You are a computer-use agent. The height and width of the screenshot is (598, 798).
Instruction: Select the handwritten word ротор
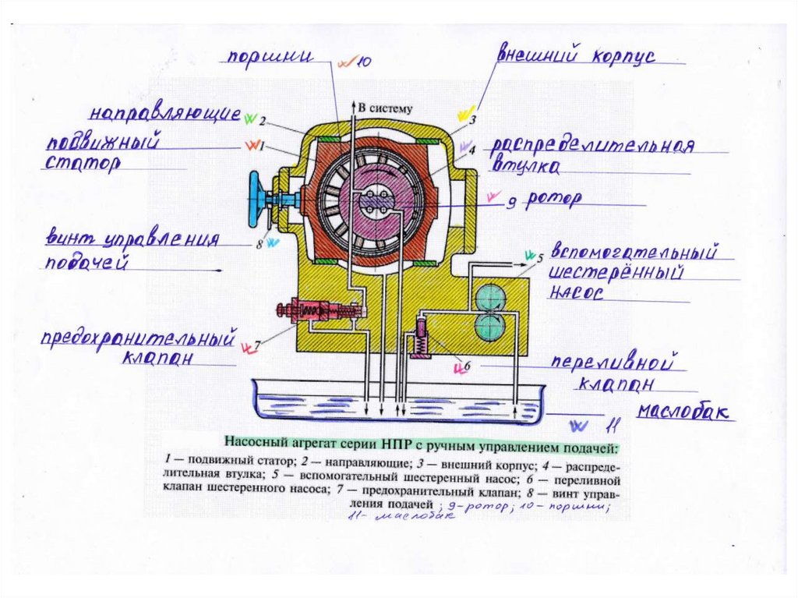553,200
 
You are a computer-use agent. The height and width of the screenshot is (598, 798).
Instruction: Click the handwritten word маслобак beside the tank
686,412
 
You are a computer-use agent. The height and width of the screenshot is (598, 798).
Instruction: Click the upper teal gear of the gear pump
493,297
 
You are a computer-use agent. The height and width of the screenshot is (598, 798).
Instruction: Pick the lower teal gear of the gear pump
493,327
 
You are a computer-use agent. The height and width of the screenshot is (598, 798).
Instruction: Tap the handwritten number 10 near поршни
365,62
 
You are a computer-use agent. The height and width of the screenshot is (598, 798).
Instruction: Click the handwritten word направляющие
164,113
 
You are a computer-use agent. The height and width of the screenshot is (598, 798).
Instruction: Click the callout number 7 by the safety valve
257,343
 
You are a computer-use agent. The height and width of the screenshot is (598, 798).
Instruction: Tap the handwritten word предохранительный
139,340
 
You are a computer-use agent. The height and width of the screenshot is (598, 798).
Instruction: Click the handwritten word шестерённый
616,274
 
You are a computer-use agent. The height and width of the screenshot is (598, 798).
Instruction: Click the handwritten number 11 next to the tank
613,426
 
